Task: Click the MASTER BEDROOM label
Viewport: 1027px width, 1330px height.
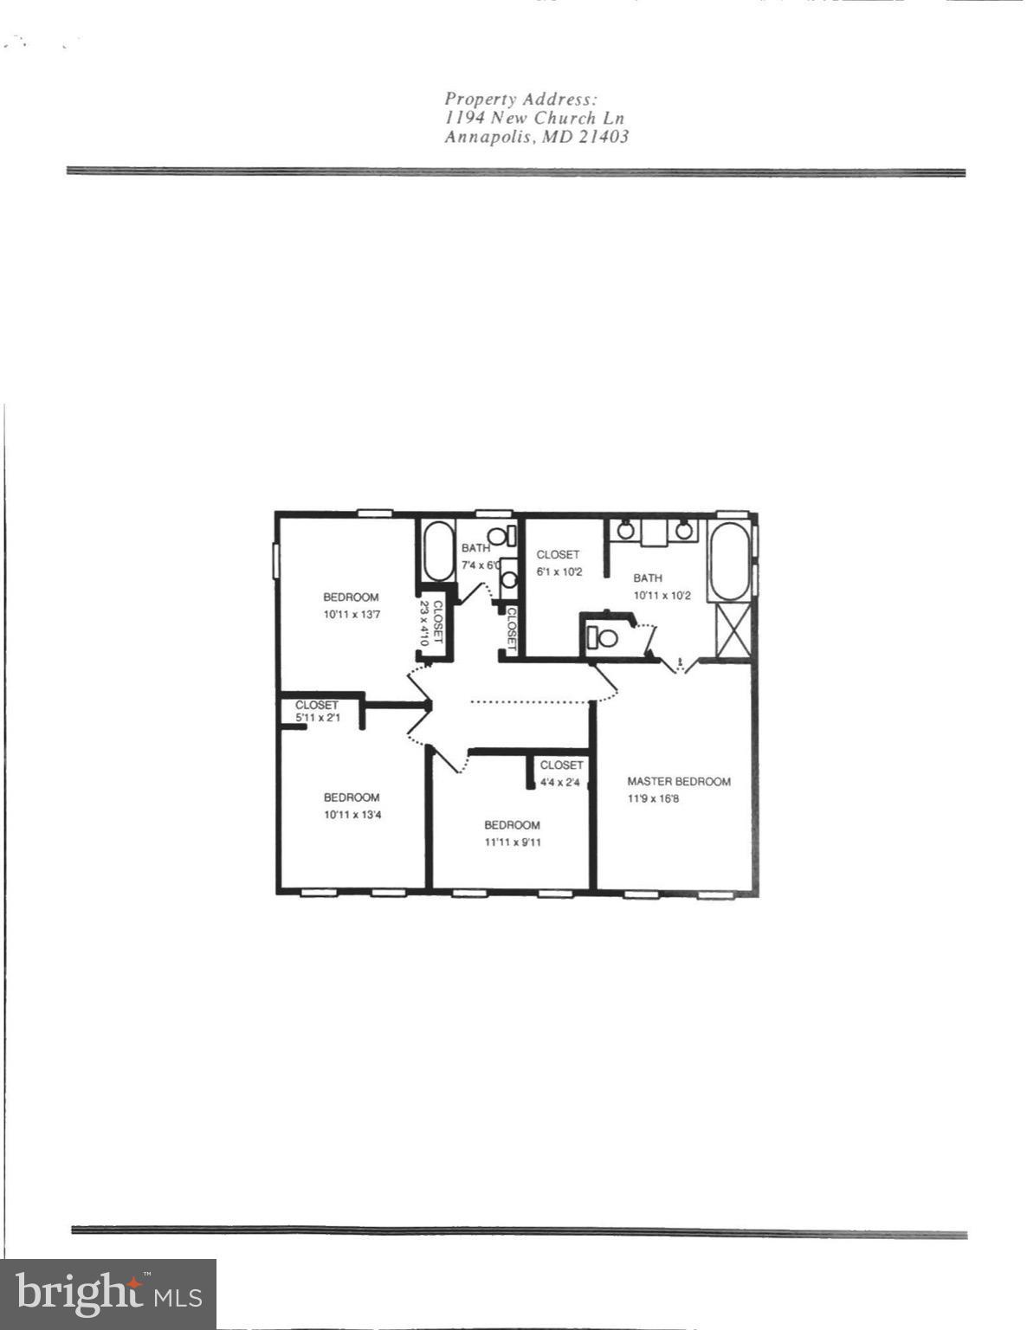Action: pos(678,781)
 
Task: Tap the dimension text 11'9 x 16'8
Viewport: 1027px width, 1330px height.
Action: pos(653,798)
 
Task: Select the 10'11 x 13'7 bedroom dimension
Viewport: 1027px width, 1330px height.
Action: pos(352,614)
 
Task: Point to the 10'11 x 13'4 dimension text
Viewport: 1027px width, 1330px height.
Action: pos(352,815)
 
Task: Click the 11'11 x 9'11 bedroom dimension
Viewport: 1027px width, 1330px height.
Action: pos(512,842)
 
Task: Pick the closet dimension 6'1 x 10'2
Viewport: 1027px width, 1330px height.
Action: pos(559,571)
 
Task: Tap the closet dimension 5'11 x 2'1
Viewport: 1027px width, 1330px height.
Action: pos(317,717)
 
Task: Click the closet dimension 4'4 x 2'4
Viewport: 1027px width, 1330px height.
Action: pos(561,782)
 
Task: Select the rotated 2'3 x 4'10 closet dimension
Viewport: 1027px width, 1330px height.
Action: pos(424,623)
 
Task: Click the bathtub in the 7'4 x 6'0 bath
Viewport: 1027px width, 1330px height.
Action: pos(438,551)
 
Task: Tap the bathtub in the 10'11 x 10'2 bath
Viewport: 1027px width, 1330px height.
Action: pos(729,561)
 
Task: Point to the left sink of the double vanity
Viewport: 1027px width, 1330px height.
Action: pos(625,529)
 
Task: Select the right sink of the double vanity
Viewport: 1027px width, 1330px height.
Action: pos(684,529)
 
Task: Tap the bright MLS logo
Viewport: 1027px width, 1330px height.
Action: pos(108,1294)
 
